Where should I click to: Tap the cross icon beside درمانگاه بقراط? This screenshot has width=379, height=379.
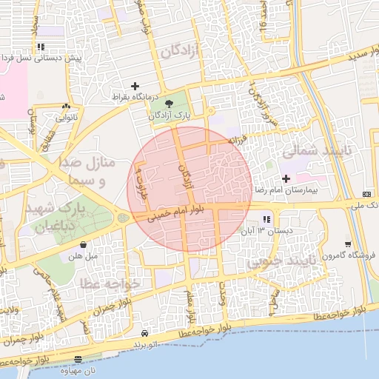click(135, 86)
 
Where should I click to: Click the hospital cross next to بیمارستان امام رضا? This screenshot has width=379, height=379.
click(286, 179)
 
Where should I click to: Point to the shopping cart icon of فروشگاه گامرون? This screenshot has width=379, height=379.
click(347, 244)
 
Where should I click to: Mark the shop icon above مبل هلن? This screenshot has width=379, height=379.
click(83, 244)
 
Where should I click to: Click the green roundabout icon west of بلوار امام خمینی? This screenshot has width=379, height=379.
click(123, 218)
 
